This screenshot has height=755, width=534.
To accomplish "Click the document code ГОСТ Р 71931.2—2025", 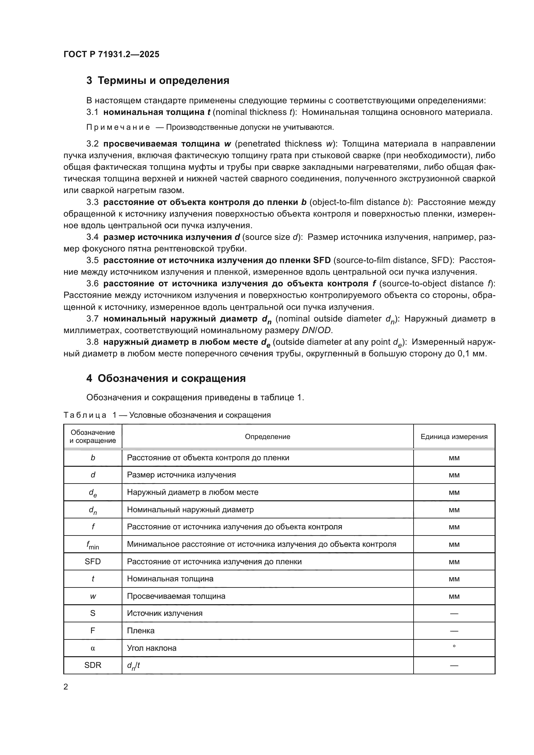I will click(x=111, y=54).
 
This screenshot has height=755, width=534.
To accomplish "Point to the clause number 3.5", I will click(x=92, y=260).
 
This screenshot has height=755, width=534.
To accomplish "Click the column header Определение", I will click(x=267, y=437).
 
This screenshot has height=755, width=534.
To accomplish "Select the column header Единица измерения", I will click(x=454, y=437).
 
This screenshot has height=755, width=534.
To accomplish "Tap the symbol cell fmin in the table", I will click(x=93, y=545).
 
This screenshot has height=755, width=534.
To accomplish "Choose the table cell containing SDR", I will click(x=93, y=665).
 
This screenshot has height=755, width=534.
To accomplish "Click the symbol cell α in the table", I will click(x=93, y=648).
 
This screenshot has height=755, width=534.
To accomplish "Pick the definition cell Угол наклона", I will click(x=152, y=648).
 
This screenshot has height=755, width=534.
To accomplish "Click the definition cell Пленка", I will click(x=141, y=631).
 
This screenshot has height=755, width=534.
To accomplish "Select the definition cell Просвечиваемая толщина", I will click(x=176, y=596).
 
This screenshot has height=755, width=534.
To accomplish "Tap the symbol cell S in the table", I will click(x=93, y=613).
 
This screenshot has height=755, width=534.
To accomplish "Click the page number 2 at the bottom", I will click(x=66, y=687).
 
